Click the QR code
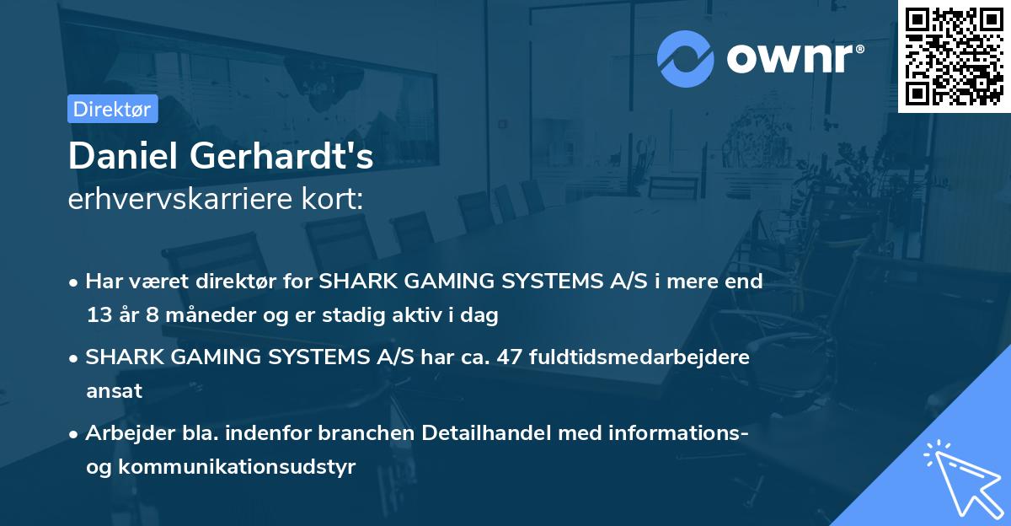[x=954, y=56]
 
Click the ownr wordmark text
[x=794, y=57]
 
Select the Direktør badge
[x=112, y=109]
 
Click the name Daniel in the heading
[x=123, y=157]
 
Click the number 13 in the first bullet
[x=98, y=316]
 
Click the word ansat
[x=114, y=391]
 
